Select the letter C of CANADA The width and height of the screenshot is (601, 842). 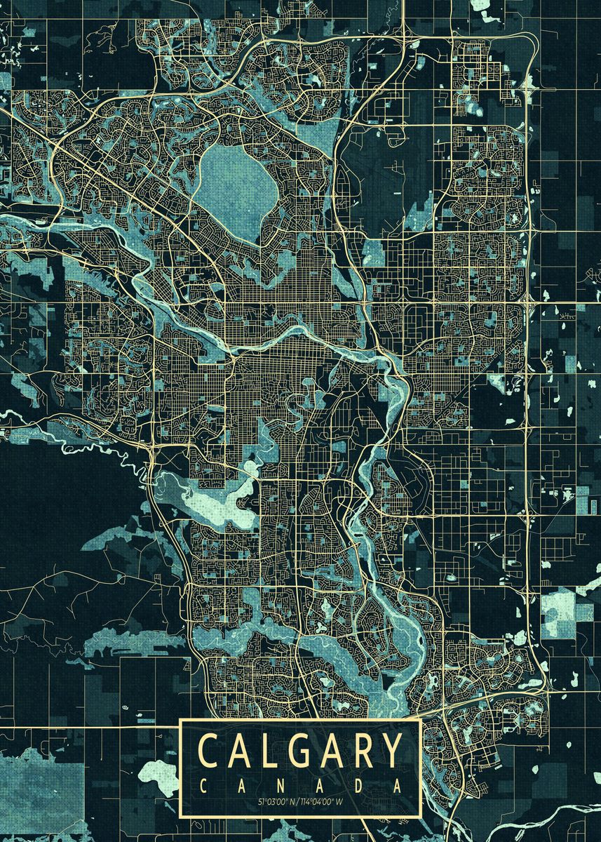[204, 786]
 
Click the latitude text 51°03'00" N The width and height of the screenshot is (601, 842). [276, 801]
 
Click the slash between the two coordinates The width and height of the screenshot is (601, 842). [298, 801]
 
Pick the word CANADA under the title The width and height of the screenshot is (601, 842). [301, 786]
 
